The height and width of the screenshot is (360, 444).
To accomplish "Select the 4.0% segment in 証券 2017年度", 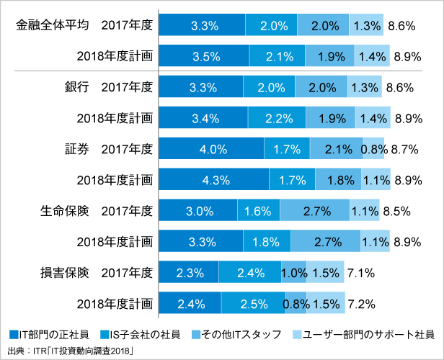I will tap(210, 149).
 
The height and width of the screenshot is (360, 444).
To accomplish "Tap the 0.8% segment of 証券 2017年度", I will tap(373, 149).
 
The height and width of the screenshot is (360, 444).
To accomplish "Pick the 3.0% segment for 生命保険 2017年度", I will tap(200, 211).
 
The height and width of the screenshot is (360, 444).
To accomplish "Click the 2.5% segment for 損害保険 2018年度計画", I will tap(251, 304).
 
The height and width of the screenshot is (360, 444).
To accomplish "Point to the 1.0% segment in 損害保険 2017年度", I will tap(294, 273).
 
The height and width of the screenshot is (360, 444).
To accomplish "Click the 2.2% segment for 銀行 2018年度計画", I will tap(276, 118).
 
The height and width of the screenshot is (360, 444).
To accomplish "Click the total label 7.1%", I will tap(360, 273).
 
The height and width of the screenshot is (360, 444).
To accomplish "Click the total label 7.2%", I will tap(360, 304).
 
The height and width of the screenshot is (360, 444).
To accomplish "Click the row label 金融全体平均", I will tap(53, 26).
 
